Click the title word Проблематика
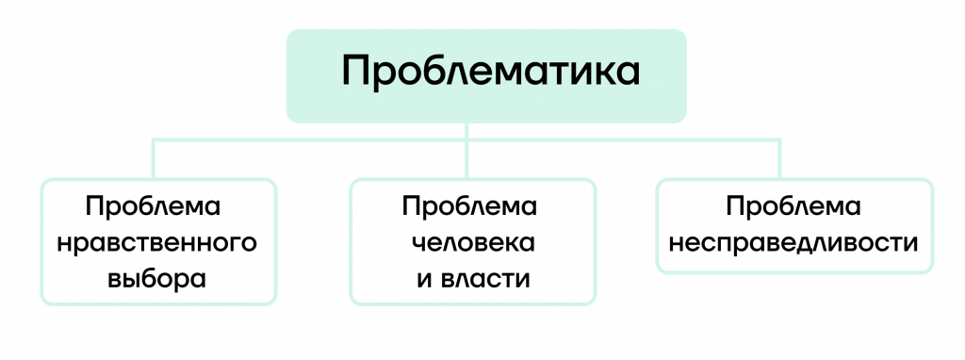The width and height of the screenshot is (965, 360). click(490, 71)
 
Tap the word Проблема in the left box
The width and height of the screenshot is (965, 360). click(154, 206)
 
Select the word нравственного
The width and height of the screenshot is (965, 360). click(157, 244)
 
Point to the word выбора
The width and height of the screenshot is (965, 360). click(156, 280)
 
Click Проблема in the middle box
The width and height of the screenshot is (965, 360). click(469, 206)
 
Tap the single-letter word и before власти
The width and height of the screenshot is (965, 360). click(423, 281)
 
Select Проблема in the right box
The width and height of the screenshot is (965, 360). click(793, 206)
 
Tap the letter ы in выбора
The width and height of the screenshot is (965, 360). click(137, 281)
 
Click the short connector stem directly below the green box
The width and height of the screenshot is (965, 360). click(467, 131)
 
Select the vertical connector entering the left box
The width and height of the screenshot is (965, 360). click(154, 159)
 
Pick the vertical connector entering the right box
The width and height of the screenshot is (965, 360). click(779, 159)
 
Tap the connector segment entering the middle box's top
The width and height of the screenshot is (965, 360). click(467, 160)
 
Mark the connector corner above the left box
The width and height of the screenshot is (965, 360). click(154, 140)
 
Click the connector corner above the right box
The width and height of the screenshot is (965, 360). click(779, 140)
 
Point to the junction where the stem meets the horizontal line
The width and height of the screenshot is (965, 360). click(467, 140)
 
